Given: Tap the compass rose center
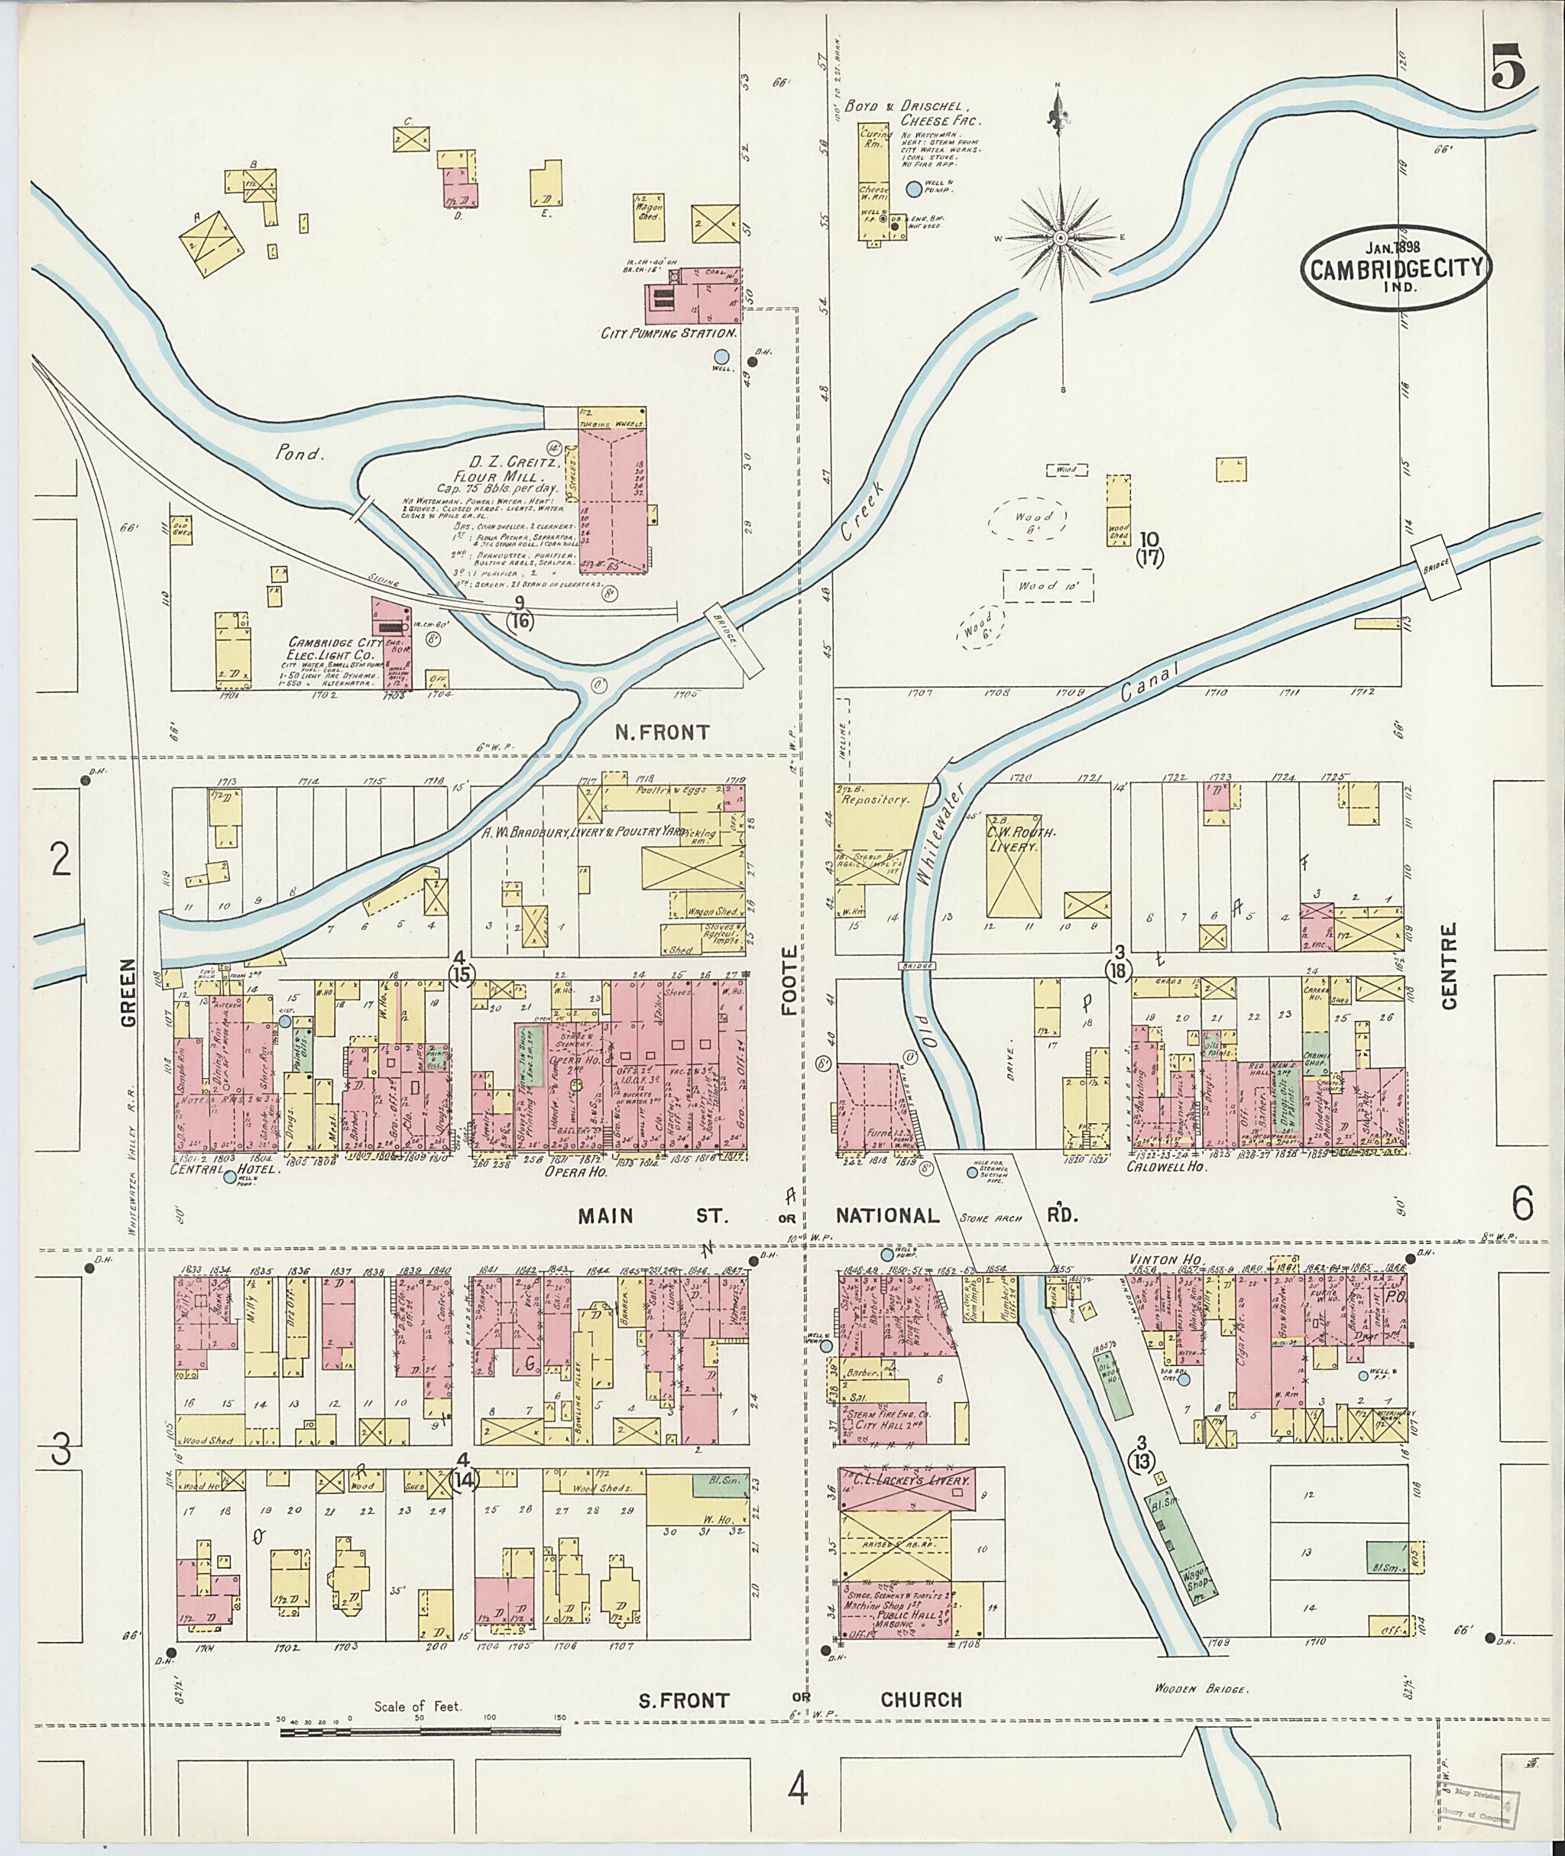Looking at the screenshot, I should click(x=1061, y=238).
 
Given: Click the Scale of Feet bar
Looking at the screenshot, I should click(x=420, y=1730).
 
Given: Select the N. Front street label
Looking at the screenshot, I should click(x=663, y=732).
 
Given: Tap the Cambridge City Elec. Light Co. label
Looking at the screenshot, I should click(x=335, y=648).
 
